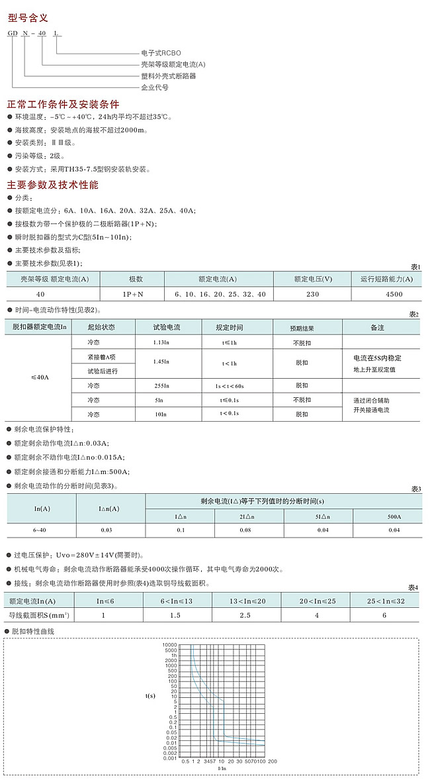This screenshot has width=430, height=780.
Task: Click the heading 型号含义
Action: click(x=27, y=18)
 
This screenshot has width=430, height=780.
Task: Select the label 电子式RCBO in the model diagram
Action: click(x=161, y=52)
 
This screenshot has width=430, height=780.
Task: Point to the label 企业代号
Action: click(x=155, y=87)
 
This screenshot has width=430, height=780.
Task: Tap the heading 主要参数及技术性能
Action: click(x=52, y=185)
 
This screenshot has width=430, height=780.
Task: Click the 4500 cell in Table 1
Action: click(x=386, y=294)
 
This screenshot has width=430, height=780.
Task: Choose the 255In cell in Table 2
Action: click(x=162, y=385)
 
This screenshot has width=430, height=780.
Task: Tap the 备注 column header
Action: click(x=377, y=328)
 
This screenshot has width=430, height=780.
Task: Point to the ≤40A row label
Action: click(x=40, y=377)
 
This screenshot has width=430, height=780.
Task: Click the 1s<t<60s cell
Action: click(x=229, y=385)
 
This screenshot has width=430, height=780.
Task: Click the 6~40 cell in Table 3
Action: click(x=40, y=530)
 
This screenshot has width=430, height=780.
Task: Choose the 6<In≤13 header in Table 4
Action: click(x=176, y=601)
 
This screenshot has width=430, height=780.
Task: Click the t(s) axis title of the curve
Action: click(x=150, y=696)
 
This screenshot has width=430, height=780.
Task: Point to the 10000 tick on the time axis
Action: click(x=170, y=645)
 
